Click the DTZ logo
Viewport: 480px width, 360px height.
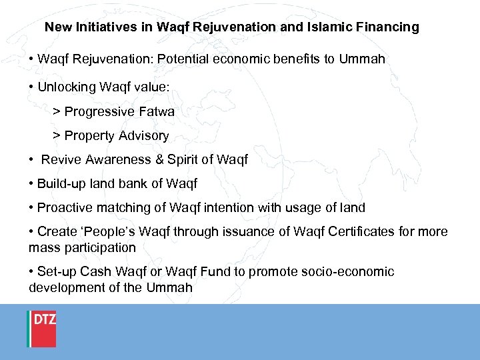point(41,328)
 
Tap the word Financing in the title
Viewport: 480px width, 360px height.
point(390,27)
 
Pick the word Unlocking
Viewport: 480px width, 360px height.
point(65,87)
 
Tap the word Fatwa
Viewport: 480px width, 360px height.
point(157,111)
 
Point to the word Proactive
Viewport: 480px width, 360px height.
point(65,207)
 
